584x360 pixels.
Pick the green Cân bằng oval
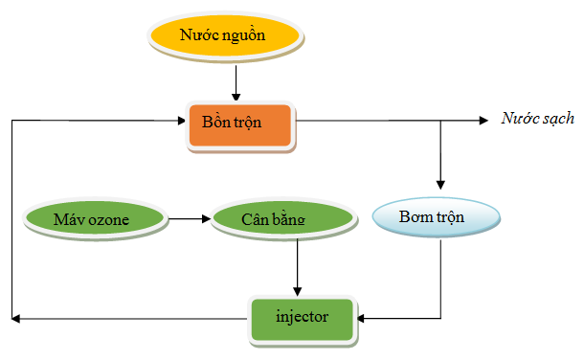click(272, 219)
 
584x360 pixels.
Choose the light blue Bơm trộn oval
click(435, 217)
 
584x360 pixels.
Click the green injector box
click(302, 317)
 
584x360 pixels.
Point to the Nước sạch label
click(538, 120)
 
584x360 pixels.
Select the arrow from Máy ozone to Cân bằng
click(190, 219)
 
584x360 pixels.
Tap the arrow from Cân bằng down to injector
click(298, 267)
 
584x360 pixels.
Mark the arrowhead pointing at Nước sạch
click(484, 121)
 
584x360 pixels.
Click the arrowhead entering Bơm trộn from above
click(440, 184)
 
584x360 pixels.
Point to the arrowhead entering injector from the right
click(361, 317)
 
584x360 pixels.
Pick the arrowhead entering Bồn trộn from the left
click(182, 121)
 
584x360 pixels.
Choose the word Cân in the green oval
click(254, 219)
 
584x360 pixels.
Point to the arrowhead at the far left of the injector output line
click(15, 317)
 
